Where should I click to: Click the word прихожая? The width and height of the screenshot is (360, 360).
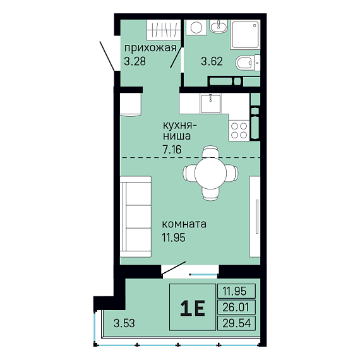click(x=150, y=49)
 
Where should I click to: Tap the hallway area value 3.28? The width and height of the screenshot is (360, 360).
click(x=135, y=61)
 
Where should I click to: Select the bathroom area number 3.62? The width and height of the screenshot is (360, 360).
click(x=212, y=61)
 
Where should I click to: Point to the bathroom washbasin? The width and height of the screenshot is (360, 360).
click(x=219, y=26)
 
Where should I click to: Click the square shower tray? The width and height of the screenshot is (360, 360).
click(x=245, y=35)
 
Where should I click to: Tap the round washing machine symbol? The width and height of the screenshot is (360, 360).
click(x=196, y=27)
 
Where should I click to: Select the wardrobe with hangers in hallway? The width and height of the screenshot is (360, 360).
click(x=164, y=30)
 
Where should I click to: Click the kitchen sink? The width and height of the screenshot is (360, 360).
click(x=210, y=104)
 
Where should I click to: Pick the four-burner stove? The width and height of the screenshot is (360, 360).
click(x=239, y=130)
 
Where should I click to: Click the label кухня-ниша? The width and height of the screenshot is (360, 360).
click(x=180, y=131)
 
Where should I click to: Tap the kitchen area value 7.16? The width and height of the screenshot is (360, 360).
click(x=172, y=150)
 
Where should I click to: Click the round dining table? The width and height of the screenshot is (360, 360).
click(x=210, y=173)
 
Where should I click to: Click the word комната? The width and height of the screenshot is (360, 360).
click(x=184, y=224)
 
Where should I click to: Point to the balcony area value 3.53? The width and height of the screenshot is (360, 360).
click(x=124, y=323)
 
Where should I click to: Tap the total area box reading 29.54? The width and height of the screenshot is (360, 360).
click(x=236, y=323)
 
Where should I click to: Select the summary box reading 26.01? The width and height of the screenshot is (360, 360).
click(x=236, y=307)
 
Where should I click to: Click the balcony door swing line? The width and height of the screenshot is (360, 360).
click(x=174, y=268)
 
